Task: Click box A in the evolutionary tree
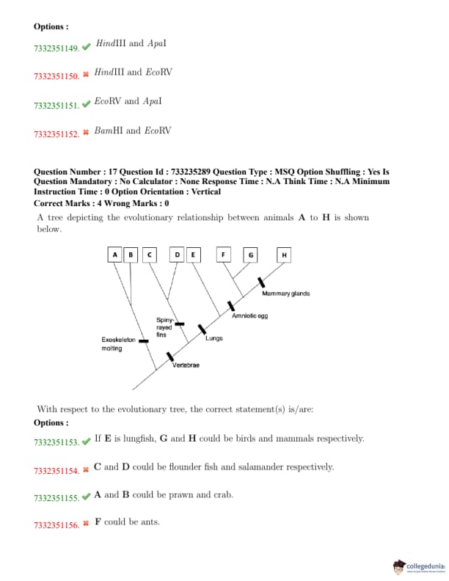click(x=114, y=255)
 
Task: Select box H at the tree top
click(x=284, y=255)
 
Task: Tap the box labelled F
click(x=223, y=255)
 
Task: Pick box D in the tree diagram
click(x=177, y=255)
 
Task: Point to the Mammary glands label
click(x=285, y=293)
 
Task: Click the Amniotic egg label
click(x=250, y=315)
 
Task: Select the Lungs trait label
click(x=214, y=338)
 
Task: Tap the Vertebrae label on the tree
click(x=186, y=365)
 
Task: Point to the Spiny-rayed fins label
click(x=164, y=327)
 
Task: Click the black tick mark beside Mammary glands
click(x=260, y=282)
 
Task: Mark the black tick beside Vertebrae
click(x=169, y=357)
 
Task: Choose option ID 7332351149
click(x=56, y=48)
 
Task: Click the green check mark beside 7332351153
click(x=87, y=440)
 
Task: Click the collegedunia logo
click(x=418, y=566)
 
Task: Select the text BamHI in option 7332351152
click(x=107, y=131)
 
